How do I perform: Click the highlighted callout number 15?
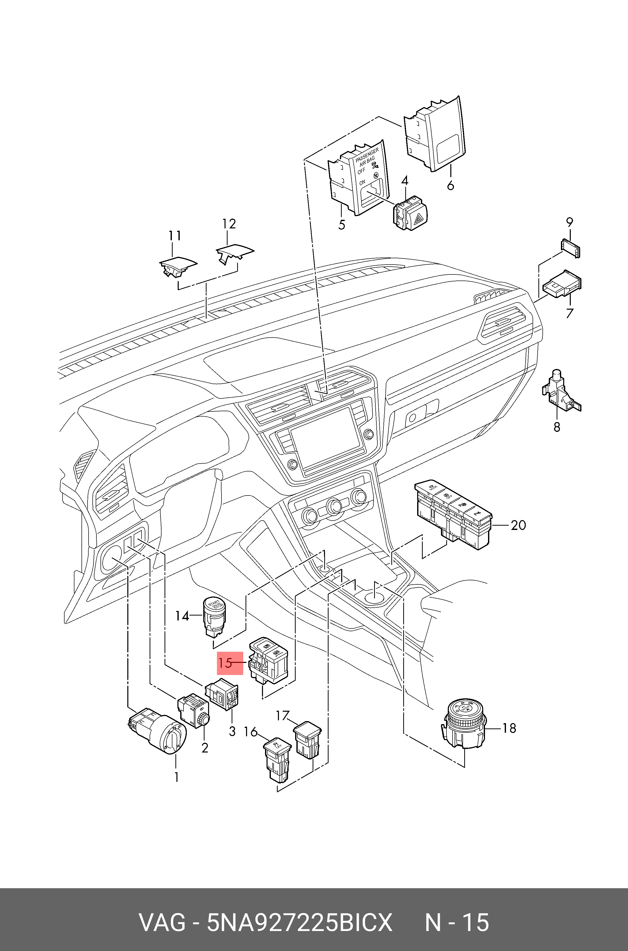226,663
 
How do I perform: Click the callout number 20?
518,525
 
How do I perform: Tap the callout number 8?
557,427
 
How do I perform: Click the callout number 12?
229,224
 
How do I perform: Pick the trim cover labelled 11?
177,266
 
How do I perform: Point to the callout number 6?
451,186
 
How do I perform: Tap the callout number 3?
232,731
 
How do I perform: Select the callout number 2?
205,747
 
